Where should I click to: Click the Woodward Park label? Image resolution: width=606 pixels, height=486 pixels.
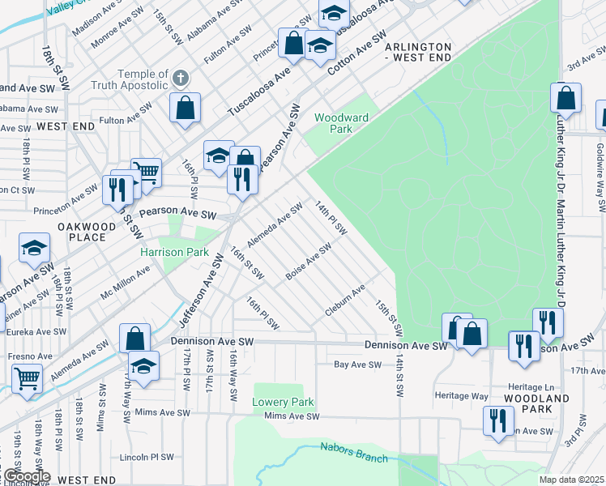(x=341, y=123)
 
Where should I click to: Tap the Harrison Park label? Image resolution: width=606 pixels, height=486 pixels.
(x=174, y=252)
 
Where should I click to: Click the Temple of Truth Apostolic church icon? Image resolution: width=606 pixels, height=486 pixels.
(x=180, y=79)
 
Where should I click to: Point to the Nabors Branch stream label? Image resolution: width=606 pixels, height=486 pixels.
(x=353, y=452)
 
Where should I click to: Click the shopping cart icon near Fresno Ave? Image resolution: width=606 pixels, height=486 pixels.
(x=27, y=377)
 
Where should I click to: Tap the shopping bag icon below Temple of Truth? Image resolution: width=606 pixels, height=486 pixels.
(x=186, y=107)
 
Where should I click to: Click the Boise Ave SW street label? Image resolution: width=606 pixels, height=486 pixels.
(x=309, y=263)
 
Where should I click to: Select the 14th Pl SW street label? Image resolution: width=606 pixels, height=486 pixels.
(x=331, y=219)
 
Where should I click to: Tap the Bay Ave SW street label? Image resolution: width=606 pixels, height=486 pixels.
(x=358, y=365)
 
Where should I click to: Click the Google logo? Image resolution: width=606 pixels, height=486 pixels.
(x=26, y=476)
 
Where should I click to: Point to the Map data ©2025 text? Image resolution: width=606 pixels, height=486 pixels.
(x=572, y=480)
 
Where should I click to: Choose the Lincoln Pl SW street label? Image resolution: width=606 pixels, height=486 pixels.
(x=146, y=457)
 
